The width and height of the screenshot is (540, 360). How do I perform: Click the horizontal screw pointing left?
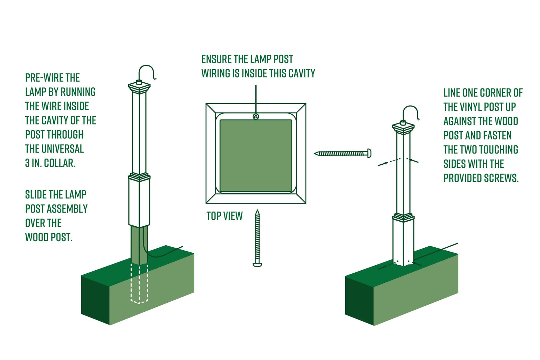(x=343, y=153)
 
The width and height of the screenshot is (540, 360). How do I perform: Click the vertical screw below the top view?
(x=258, y=238)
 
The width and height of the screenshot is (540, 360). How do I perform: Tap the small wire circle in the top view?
(x=256, y=117)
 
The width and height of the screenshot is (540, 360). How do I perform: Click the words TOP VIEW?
(x=224, y=216)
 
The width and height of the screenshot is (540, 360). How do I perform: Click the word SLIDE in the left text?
(x=36, y=194)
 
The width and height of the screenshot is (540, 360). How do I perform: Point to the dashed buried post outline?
(x=139, y=283)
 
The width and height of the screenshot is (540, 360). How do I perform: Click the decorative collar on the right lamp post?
(x=403, y=217)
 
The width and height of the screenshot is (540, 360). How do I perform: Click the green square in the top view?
(x=256, y=156)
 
